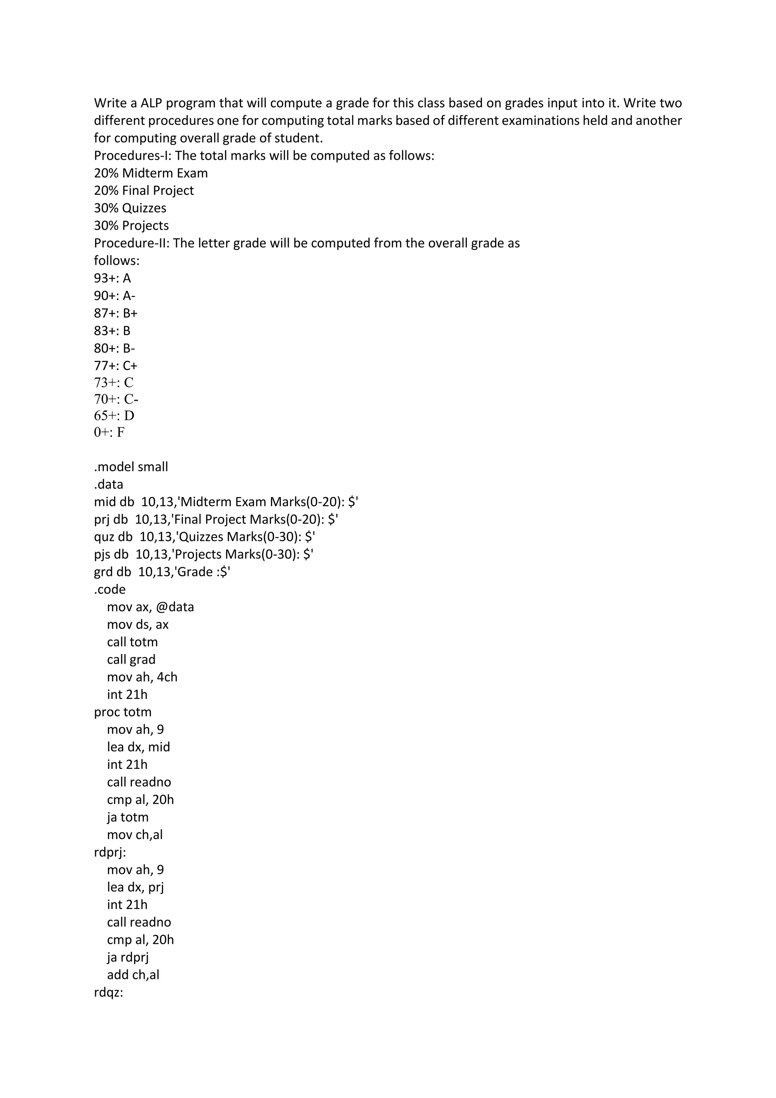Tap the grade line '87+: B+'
pyautogui.click(x=116, y=313)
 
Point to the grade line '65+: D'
pyautogui.click(x=114, y=416)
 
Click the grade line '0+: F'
pyautogui.click(x=109, y=432)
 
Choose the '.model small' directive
pyautogui.click(x=131, y=467)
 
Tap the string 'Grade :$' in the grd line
pyautogui.click(x=203, y=572)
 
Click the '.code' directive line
pyautogui.click(x=110, y=590)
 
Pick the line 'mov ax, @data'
pyautogui.click(x=150, y=607)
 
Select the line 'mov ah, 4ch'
pyautogui.click(x=142, y=677)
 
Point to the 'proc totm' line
pyautogui.click(x=123, y=712)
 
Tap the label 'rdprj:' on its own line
pyautogui.click(x=110, y=853)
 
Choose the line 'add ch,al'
pyautogui.click(x=133, y=975)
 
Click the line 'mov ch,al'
pyautogui.click(x=135, y=835)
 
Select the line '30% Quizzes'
pyautogui.click(x=130, y=208)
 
